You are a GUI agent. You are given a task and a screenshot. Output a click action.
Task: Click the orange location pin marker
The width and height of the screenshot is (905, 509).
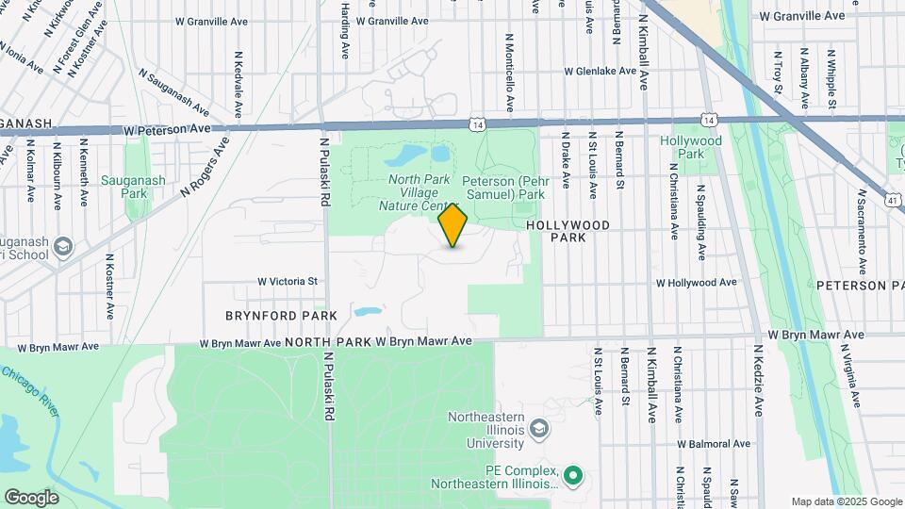click(453, 224)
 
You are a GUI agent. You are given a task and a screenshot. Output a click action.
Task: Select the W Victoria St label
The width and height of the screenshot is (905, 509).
click(288, 281)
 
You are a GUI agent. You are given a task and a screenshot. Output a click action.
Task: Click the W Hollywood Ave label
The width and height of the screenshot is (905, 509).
click(696, 282)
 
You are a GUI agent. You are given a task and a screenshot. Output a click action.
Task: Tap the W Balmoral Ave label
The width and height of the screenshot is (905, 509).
click(714, 443)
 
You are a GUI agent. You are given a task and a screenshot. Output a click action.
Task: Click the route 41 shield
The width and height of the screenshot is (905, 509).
click(891, 200)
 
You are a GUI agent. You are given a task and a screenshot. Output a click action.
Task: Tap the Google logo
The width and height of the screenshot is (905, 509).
click(31, 497)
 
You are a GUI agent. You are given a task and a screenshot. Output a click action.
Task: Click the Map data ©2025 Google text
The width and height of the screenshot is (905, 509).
click(846, 501)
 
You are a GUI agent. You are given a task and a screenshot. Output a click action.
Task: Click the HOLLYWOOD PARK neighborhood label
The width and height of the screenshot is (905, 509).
click(568, 231)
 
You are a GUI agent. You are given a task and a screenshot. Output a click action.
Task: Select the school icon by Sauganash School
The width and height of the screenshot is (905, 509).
click(62, 246)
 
